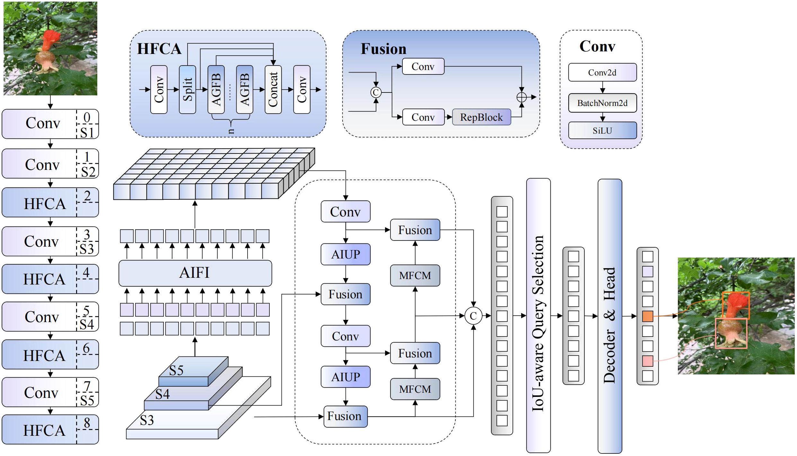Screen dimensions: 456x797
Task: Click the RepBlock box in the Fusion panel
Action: click(481, 117)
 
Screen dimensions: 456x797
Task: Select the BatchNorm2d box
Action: click(602, 103)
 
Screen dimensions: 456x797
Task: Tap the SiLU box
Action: click(602, 130)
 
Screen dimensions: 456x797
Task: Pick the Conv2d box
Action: click(602, 72)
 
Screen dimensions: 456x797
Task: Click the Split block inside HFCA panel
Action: click(187, 89)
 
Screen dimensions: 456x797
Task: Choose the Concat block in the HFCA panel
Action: click(273, 89)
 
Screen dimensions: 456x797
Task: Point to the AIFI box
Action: click(195, 273)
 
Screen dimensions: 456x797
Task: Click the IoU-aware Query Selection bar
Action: click(538, 315)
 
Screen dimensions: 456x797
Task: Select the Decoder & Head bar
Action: click(609, 316)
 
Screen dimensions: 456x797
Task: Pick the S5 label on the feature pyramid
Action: click(176, 370)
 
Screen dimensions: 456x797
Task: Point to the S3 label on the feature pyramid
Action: click(147, 420)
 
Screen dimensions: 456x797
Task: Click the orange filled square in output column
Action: click(647, 316)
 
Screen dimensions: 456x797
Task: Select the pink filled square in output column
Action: click(647, 361)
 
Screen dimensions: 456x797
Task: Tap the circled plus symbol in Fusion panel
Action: click(521, 97)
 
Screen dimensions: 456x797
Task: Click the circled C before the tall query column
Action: click(473, 316)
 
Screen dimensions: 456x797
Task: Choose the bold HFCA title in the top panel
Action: click(159, 49)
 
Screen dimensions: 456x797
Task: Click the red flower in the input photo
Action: click(50, 40)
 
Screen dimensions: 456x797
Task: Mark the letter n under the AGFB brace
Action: click(231, 131)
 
